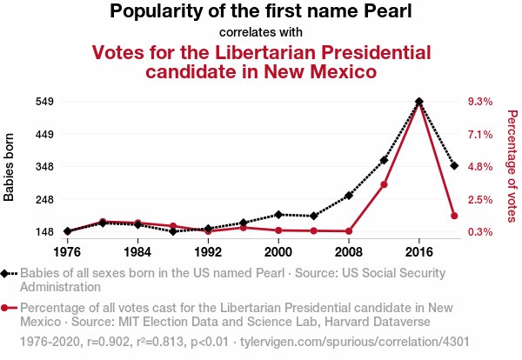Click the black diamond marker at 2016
(419, 102)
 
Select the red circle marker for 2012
(384, 184)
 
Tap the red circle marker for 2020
(454, 216)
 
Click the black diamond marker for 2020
(454, 165)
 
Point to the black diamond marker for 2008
(349, 196)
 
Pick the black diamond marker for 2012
(384, 160)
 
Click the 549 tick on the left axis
(44, 102)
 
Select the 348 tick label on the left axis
(44, 167)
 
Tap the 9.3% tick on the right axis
(480, 102)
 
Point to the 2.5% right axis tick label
(480, 199)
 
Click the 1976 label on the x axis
(67, 251)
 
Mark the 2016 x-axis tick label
(419, 251)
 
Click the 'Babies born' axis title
(10, 167)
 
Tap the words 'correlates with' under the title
(261, 33)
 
